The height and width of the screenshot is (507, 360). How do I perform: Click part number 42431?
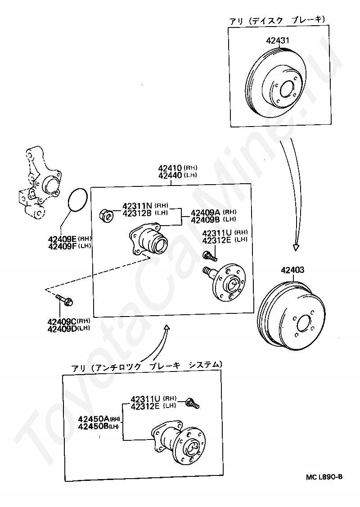click(x=278, y=41)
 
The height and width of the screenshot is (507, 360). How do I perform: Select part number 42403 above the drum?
click(x=292, y=270)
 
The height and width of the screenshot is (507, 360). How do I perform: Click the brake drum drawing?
click(x=292, y=315)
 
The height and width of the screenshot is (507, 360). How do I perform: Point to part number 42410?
click(x=170, y=168)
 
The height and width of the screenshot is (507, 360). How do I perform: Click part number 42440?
click(x=170, y=175)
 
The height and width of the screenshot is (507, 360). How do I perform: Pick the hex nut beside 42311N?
click(x=106, y=215)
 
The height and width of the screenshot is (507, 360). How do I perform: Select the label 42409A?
click(x=205, y=213)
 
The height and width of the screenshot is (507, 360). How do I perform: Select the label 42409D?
click(x=62, y=329)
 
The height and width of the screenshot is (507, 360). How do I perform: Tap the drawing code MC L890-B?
click(x=324, y=477)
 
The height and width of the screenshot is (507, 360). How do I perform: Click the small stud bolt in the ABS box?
click(x=193, y=403)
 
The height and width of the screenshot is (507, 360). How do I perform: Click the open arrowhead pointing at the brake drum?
click(x=295, y=247)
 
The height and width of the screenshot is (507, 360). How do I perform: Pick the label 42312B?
click(x=137, y=213)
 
